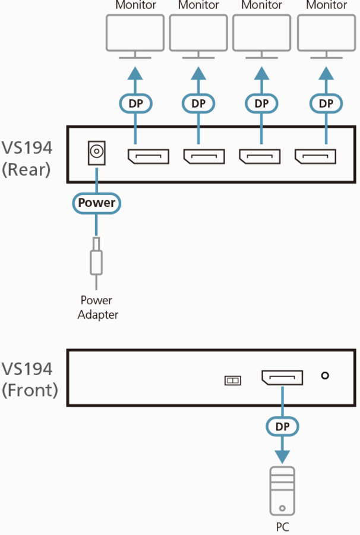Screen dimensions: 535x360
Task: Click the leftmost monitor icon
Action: point(135,34)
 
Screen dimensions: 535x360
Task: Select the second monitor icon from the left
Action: point(198,34)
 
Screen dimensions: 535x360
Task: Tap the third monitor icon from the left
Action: point(262,34)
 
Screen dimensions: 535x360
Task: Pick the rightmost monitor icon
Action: point(326,34)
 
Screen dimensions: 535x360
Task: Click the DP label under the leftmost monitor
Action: point(135,103)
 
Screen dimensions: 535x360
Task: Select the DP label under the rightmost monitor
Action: point(326,103)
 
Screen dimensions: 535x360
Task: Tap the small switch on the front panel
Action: point(232,380)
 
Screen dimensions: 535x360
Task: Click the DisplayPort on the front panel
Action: point(282,378)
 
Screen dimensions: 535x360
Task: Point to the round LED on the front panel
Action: point(324,376)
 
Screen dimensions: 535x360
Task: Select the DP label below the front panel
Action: point(282,426)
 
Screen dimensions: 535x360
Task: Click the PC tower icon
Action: point(282,491)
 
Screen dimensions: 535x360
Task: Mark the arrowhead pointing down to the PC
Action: point(282,456)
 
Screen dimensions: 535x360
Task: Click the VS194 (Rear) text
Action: point(27,159)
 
